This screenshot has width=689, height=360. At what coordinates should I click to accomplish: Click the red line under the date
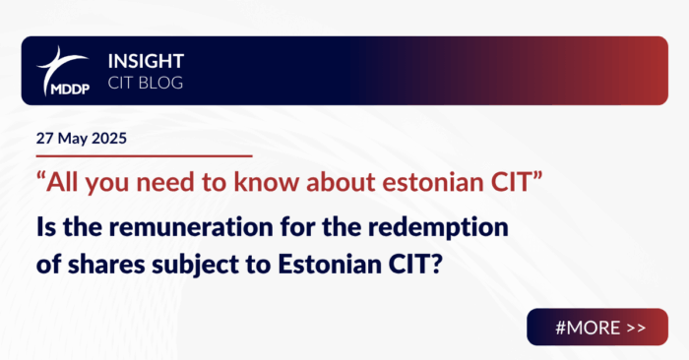point(137,155)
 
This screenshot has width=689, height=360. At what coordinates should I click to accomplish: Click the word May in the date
point(68,138)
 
